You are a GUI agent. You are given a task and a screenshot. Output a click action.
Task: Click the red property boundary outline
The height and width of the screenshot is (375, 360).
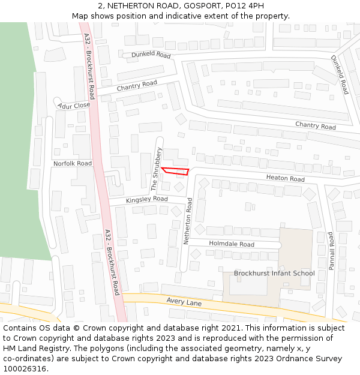(x=175, y=171)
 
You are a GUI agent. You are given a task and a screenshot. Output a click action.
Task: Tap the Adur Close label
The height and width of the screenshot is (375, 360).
(x=74, y=106)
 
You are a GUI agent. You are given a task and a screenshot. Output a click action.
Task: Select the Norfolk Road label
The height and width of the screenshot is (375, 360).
(x=73, y=163)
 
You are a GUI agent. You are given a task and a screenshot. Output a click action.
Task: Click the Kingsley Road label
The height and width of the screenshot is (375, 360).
(x=146, y=199)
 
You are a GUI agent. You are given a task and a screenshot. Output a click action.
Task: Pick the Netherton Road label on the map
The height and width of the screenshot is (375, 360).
(x=188, y=223)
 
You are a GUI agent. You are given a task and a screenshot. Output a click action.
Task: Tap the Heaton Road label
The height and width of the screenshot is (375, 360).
(x=286, y=178)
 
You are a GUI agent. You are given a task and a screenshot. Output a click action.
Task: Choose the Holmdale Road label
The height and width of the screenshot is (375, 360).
(x=231, y=244)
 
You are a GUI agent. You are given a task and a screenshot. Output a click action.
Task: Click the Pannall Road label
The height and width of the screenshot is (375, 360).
(x=331, y=251)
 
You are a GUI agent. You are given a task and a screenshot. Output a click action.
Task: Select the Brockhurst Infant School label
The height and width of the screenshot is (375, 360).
(x=274, y=273)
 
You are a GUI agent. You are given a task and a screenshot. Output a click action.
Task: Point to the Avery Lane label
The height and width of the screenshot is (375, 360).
(x=184, y=302)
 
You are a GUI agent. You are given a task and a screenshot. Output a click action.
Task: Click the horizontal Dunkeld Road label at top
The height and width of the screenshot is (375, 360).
(x=151, y=54)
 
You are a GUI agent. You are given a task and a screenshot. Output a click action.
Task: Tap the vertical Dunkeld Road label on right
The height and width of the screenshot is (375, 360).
(x=340, y=74)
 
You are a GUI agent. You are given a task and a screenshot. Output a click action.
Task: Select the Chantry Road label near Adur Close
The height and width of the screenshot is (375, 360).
(x=137, y=86)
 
